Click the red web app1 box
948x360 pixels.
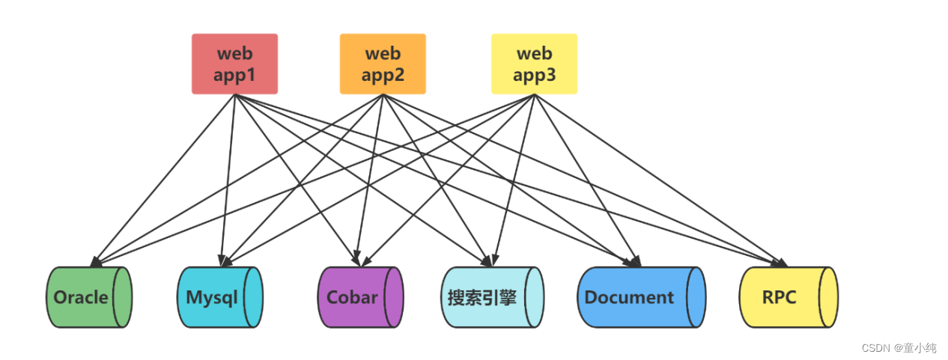pyautogui.click(x=234, y=64)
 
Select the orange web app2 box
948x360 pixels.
pyautogui.click(x=383, y=64)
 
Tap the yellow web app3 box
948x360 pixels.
pyautogui.click(x=534, y=64)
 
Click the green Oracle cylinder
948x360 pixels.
pyautogui.click(x=88, y=297)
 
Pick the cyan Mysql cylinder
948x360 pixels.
pyautogui.click(x=219, y=297)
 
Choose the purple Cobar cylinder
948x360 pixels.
pyautogui.click(x=360, y=297)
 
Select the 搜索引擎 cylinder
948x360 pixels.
pyautogui.click(x=492, y=297)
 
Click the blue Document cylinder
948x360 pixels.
pyautogui.click(x=641, y=297)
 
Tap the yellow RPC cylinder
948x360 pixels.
pyautogui.click(x=788, y=297)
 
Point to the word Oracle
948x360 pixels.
pyautogui.click(x=81, y=297)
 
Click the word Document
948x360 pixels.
pyautogui.click(x=629, y=297)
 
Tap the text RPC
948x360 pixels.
pyautogui.click(x=779, y=297)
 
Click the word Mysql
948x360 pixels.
pyautogui.click(x=212, y=297)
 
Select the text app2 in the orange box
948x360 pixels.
pyautogui.click(x=383, y=75)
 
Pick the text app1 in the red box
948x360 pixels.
pyautogui.click(x=234, y=75)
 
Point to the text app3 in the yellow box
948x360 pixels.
pyautogui.click(x=534, y=75)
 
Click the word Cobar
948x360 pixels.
pyautogui.click(x=353, y=297)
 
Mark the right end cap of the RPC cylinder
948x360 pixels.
pyautogui.click(x=828, y=297)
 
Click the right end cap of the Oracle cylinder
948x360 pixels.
pyautogui.click(x=122, y=297)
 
